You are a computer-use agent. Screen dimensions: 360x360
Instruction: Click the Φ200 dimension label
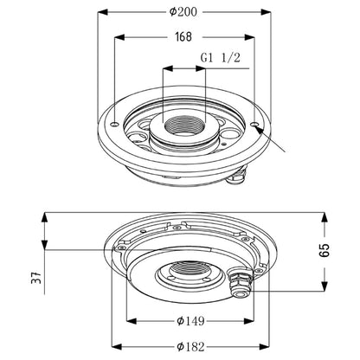click(x=183, y=12)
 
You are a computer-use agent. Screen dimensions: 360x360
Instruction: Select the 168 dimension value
click(x=183, y=37)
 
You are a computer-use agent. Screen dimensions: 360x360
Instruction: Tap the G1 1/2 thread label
click(x=221, y=58)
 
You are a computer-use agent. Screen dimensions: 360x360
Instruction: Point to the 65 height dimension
click(x=324, y=250)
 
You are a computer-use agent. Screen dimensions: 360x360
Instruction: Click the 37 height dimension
click(x=36, y=278)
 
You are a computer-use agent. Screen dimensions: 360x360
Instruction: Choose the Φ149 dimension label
click(x=190, y=321)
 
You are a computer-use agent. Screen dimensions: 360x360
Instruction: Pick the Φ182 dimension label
click(x=190, y=346)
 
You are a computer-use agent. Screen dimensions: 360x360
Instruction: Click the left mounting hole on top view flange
click(x=115, y=125)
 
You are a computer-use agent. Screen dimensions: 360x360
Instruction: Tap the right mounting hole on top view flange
click(x=254, y=124)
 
